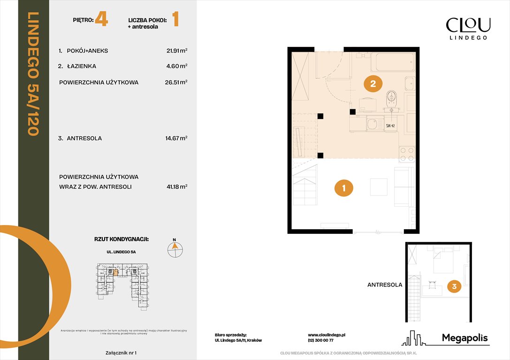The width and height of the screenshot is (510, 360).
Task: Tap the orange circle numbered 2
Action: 373,84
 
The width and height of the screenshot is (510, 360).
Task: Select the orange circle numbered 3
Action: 454,285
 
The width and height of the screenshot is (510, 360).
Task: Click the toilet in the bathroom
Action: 391,99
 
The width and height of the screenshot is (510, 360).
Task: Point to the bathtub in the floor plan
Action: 392,61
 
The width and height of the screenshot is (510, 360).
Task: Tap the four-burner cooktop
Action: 407,154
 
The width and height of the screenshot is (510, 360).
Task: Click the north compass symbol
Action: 175,249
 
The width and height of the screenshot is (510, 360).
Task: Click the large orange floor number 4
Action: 101,20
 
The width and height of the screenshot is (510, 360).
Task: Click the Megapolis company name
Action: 465,338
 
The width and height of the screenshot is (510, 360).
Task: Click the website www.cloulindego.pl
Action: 327,335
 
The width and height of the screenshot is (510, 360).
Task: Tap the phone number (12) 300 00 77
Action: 320,341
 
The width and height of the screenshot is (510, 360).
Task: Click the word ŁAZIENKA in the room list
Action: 81,66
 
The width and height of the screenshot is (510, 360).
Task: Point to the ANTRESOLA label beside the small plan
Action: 384,285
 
